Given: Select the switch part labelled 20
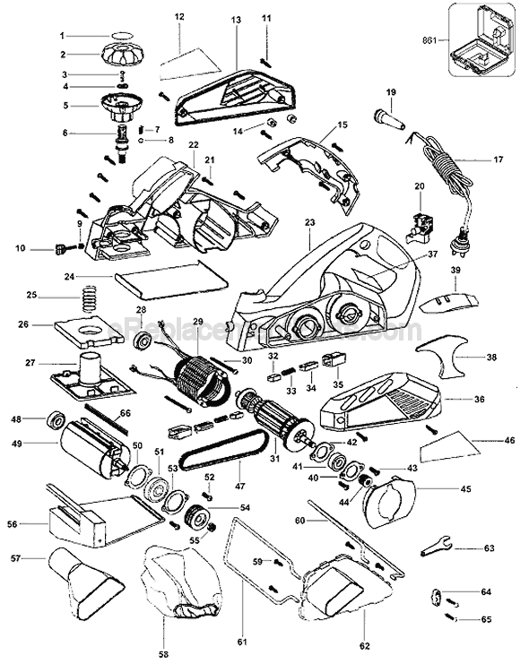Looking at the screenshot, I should point(418,224).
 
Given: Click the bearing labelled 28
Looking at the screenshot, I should point(140,341).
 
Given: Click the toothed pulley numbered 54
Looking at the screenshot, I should point(196,519).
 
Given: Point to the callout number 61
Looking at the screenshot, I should point(242,641).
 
